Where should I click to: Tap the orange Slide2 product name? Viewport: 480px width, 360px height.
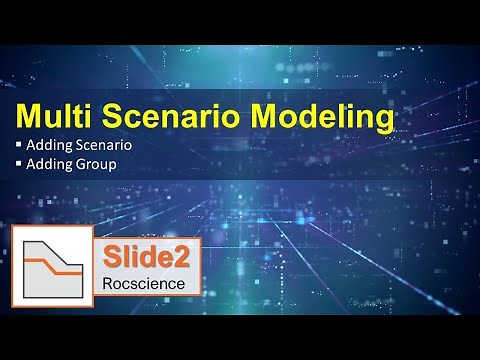pyautogui.click(x=145, y=256)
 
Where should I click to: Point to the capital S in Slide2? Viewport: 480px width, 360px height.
pyautogui.click(x=110, y=256)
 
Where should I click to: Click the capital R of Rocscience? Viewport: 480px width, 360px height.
pyautogui.click(x=109, y=283)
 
